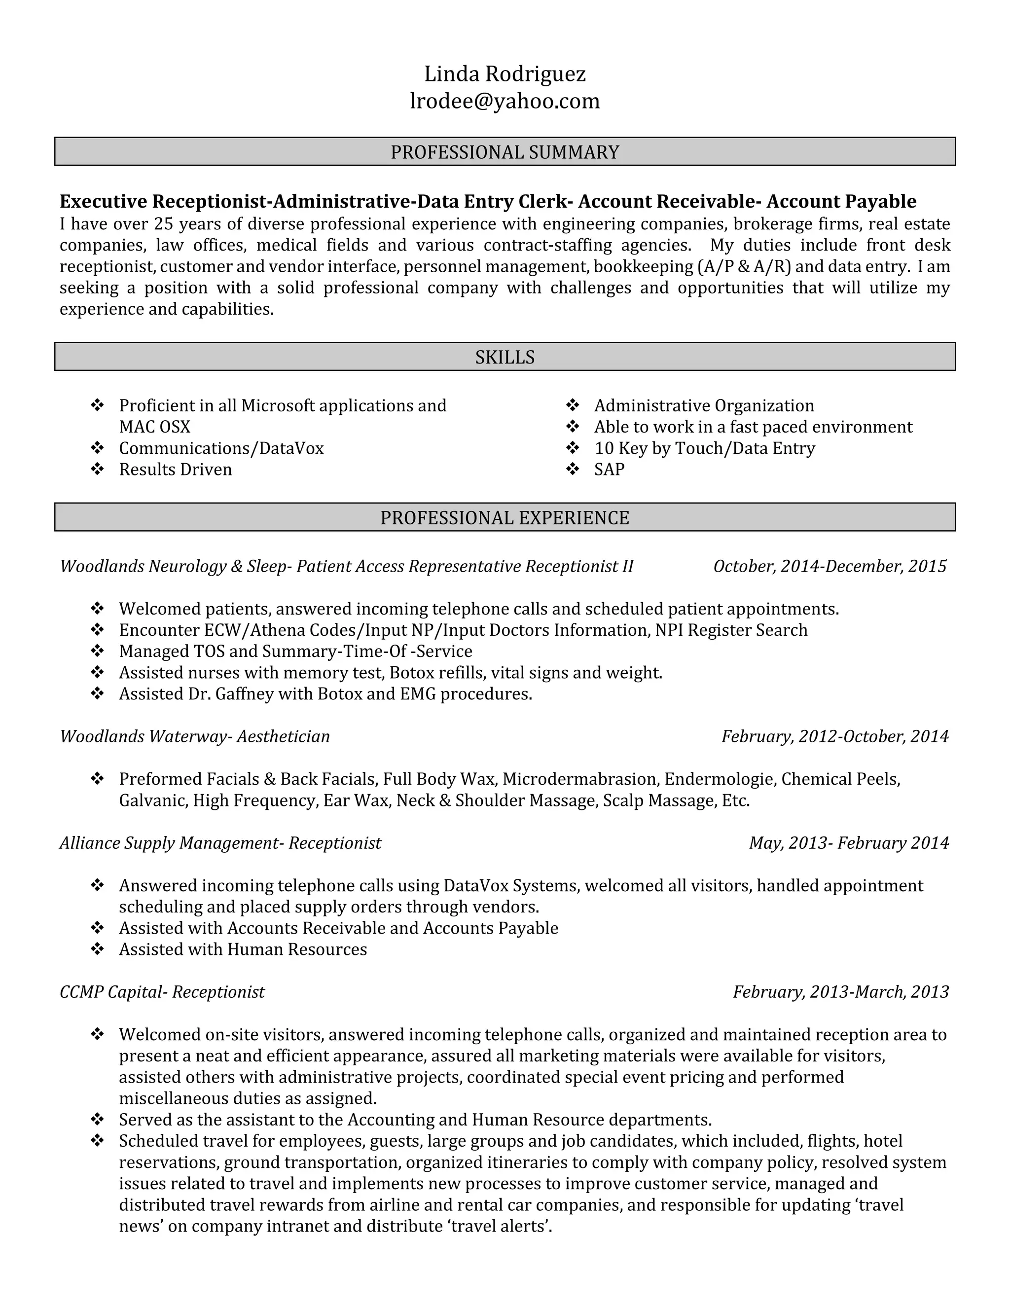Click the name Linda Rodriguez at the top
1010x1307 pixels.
(505, 74)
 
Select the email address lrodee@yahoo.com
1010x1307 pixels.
(505, 101)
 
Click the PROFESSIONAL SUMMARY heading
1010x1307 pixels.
(505, 152)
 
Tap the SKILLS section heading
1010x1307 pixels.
(505, 357)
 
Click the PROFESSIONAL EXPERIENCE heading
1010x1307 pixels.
(505, 518)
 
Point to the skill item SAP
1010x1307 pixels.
(609, 469)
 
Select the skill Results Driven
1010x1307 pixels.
(175, 469)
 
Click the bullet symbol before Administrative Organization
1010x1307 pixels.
(573, 406)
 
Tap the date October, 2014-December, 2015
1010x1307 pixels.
(830, 566)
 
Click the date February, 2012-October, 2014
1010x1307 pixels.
(835, 736)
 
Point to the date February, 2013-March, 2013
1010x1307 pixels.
(841, 992)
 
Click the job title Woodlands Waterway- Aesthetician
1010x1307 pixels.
(194, 736)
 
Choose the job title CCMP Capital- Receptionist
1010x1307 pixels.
(162, 992)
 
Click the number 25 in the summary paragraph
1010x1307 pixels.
(163, 224)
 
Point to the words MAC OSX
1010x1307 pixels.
(154, 427)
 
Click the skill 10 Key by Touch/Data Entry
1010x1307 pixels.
(704, 448)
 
